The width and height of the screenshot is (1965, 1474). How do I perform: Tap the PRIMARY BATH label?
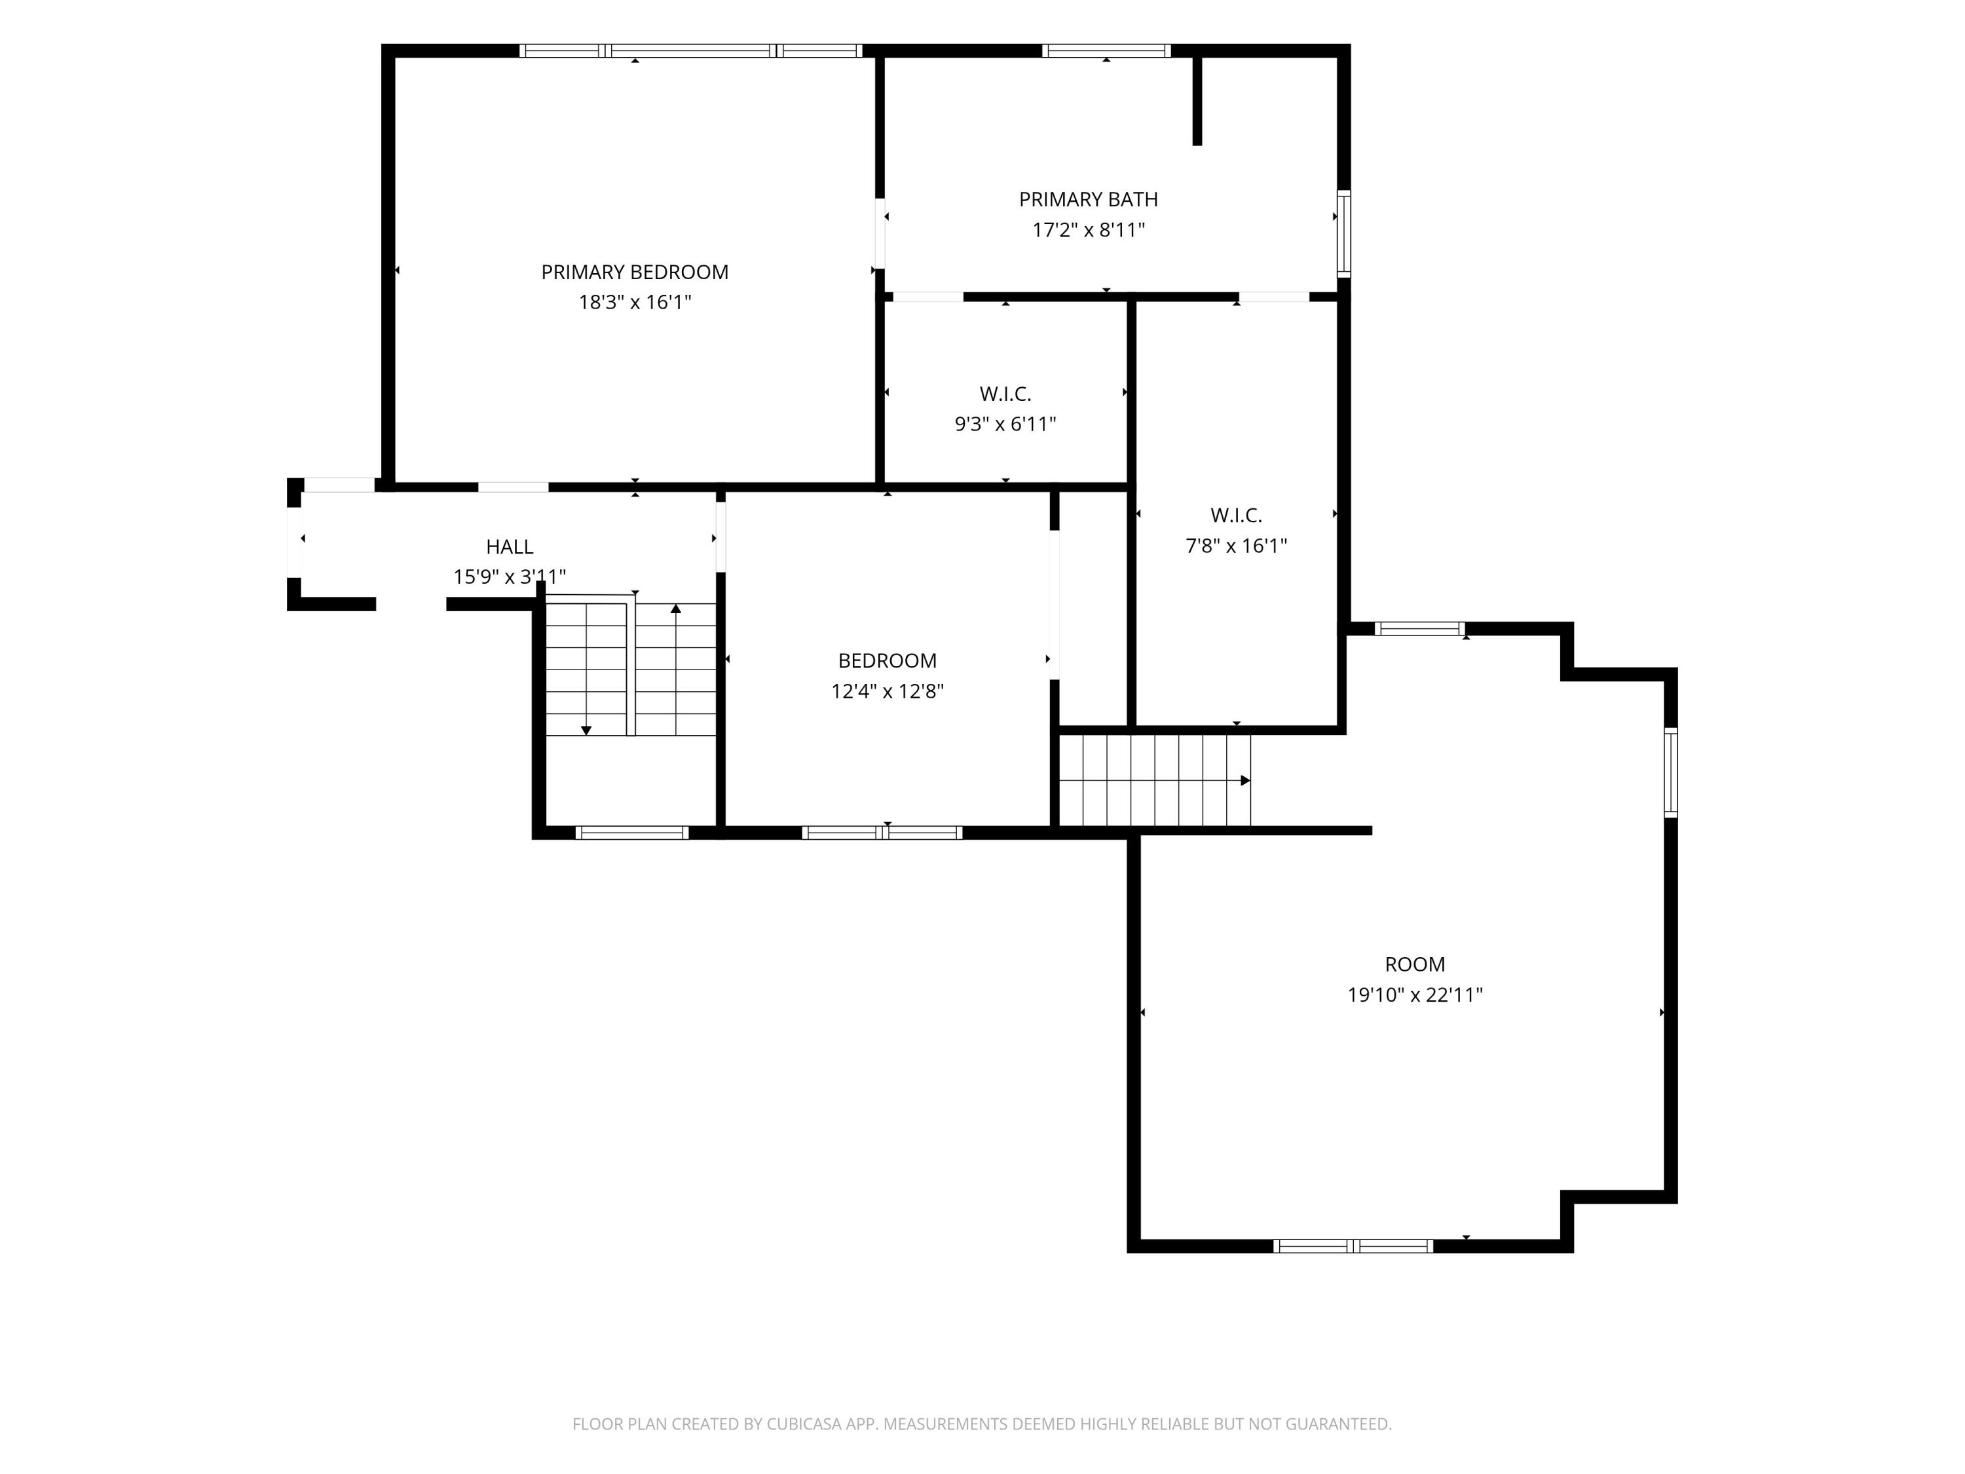pos(1088,199)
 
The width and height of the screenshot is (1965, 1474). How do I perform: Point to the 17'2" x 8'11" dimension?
pos(1088,230)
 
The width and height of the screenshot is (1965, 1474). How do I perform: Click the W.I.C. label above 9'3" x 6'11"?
pos(1005,394)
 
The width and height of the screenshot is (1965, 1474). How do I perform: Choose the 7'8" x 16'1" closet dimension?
pos(1236,546)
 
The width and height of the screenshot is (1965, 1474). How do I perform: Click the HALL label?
pos(510,546)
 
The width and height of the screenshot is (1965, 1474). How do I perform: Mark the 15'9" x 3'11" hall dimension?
pos(510,576)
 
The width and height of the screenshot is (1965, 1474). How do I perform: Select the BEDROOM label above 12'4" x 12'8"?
pos(888,660)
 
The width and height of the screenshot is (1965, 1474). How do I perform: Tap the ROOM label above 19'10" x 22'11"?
pos(1415,964)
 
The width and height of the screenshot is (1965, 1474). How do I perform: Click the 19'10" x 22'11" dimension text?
pos(1415,995)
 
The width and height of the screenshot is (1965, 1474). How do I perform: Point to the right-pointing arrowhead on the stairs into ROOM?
pos(1245,780)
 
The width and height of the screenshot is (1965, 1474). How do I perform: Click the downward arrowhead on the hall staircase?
pos(586,730)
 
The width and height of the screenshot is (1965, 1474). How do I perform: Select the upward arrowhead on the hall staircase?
pos(676,609)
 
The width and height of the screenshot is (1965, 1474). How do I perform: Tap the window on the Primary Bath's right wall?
pos(1344,234)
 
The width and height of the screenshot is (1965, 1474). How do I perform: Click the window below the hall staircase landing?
pos(631,833)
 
